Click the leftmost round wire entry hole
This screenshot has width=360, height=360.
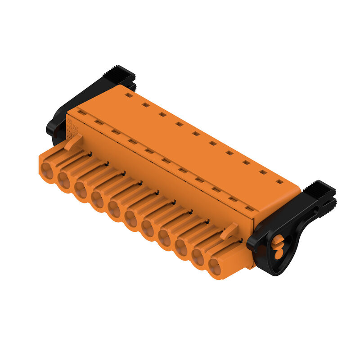tap(47, 170)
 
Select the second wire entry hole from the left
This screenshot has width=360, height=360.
tap(64, 180)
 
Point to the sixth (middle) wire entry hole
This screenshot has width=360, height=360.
tap(131, 219)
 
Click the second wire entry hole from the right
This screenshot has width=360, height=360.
tap(198, 258)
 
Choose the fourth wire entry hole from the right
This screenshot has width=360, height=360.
tap(165, 238)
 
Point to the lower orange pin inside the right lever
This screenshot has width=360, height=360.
tap(279, 253)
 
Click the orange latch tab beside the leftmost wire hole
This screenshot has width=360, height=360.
tap(73, 142)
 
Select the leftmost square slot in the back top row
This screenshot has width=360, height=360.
tap(129, 95)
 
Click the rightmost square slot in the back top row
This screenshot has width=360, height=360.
tap(280, 182)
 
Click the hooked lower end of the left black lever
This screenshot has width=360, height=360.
tap(52, 130)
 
